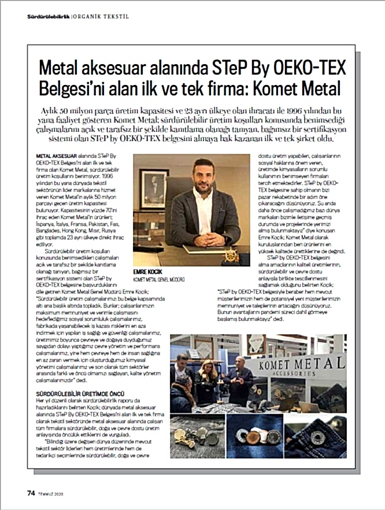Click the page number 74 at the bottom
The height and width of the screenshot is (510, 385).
point(31,493)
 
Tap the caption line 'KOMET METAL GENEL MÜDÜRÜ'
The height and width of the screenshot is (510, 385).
point(158,278)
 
